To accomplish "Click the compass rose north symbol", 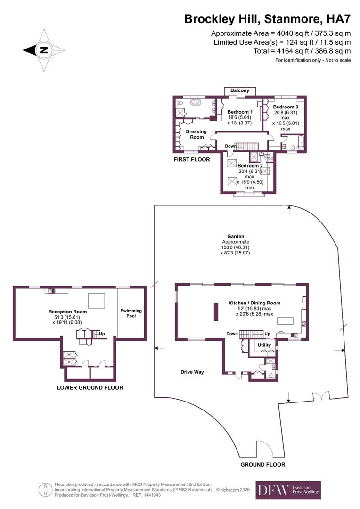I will coord(43,50).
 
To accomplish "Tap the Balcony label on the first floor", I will coord(240,90).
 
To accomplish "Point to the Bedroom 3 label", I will coord(286,107).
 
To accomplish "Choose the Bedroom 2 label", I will coord(250,166).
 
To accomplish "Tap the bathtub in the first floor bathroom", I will coord(195,102).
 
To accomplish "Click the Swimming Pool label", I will coord(131,313).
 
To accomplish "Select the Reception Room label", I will coord(68,312).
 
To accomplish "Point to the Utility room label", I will coord(264,345).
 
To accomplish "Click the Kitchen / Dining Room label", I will coord(254,303).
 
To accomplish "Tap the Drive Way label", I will coord(192,372).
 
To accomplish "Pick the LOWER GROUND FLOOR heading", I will coord(90,388).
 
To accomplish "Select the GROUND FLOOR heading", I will coord(263,464).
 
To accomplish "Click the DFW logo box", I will coord(288,490).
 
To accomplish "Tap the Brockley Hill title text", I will coord(267,19).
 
